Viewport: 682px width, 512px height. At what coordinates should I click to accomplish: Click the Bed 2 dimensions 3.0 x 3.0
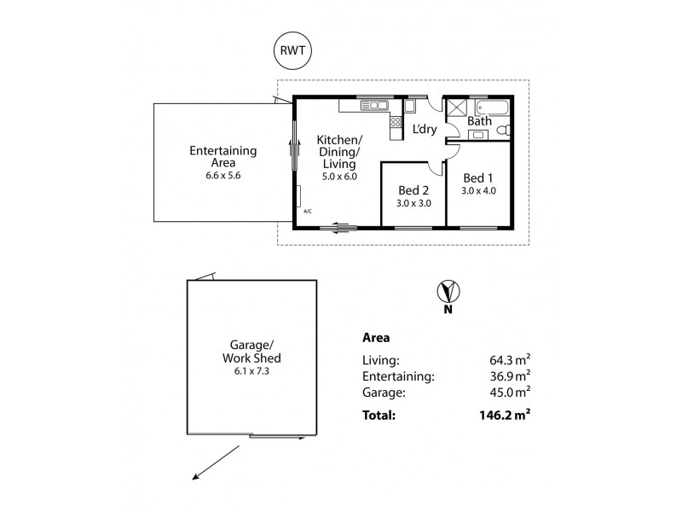413,204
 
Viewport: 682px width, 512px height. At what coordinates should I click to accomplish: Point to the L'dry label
425,130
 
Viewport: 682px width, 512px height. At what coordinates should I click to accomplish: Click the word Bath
479,122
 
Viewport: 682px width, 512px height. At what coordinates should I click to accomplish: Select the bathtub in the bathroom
492,108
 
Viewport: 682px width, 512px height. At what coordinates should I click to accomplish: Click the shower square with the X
457,108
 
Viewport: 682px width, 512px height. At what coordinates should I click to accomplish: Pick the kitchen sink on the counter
373,105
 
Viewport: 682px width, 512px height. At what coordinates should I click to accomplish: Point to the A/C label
307,211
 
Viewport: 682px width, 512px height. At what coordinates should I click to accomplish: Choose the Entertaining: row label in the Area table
400,375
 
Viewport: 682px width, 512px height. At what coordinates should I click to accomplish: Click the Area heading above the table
377,337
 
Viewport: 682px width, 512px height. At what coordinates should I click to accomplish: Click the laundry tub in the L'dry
409,107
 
